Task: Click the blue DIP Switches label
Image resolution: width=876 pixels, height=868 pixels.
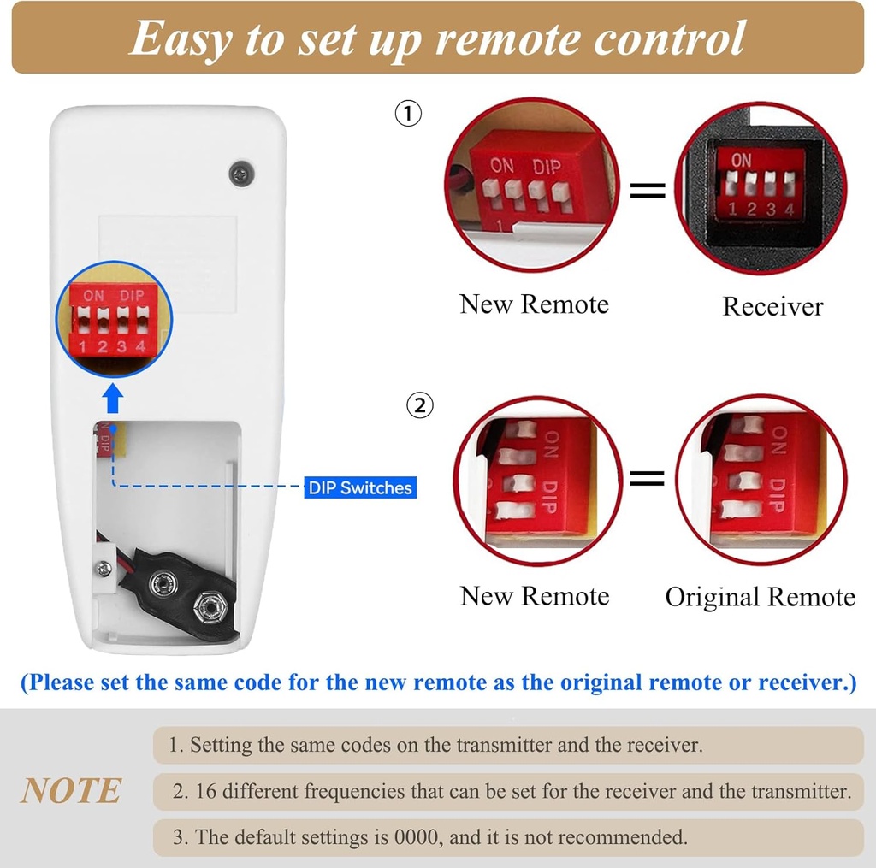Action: (360, 488)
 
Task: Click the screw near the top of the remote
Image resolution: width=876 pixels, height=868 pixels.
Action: (242, 174)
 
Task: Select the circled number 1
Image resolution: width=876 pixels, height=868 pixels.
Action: (408, 114)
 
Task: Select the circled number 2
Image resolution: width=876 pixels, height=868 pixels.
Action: (419, 405)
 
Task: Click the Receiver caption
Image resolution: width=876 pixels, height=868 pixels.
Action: (772, 306)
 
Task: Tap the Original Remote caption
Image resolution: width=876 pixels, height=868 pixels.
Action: (760, 597)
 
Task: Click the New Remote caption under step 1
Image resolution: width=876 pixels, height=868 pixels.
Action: (534, 304)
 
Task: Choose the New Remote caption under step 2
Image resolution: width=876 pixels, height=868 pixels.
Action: (535, 596)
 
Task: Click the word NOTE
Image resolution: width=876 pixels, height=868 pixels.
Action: (71, 791)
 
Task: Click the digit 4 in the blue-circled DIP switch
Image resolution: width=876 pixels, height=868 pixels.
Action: (139, 346)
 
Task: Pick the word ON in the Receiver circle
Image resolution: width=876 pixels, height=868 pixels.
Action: (741, 160)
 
